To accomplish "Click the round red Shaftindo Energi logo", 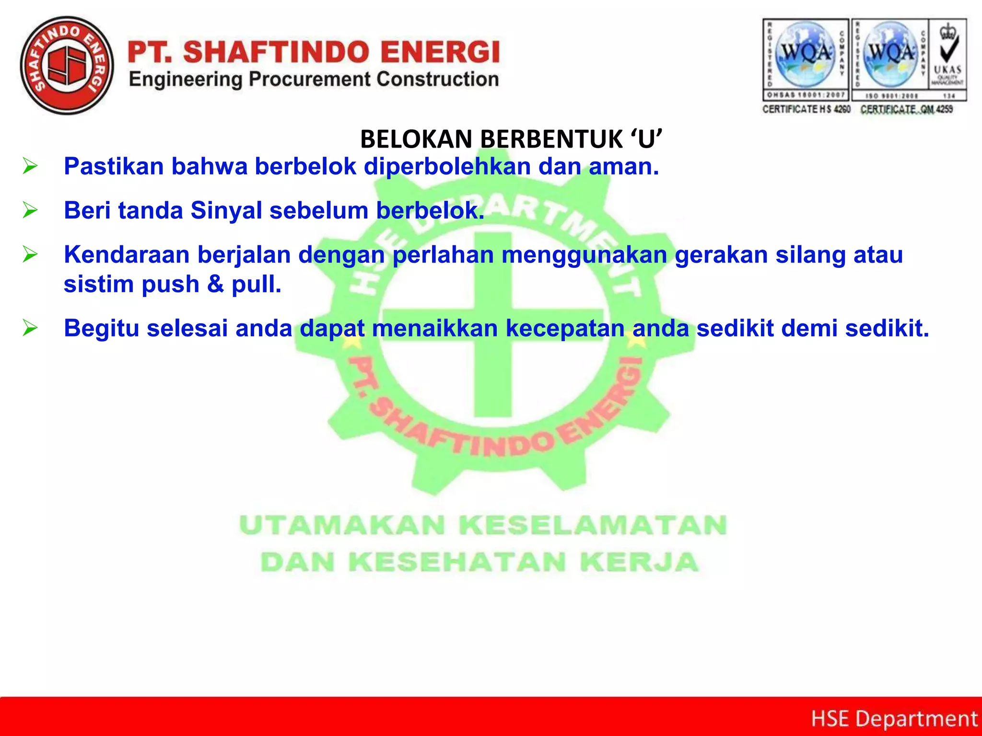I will pyautogui.click(x=67, y=66).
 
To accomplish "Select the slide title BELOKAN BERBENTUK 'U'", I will pyautogui.click(x=511, y=139).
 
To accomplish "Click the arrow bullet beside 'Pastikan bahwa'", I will pyautogui.click(x=30, y=166).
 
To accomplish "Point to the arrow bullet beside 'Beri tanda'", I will pyautogui.click(x=30, y=210).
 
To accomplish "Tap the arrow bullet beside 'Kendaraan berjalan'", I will pyautogui.click(x=30, y=254).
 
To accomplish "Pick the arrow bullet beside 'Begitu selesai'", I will pyautogui.click(x=30, y=328).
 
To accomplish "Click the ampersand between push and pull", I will pyautogui.click(x=215, y=284).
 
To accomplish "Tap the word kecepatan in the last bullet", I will pyautogui.click(x=565, y=328).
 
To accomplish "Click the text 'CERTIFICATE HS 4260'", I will pyautogui.click(x=807, y=109).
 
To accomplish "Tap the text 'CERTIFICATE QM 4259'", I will pyautogui.click(x=907, y=109).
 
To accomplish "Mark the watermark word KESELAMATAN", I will pyautogui.click(x=593, y=525).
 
